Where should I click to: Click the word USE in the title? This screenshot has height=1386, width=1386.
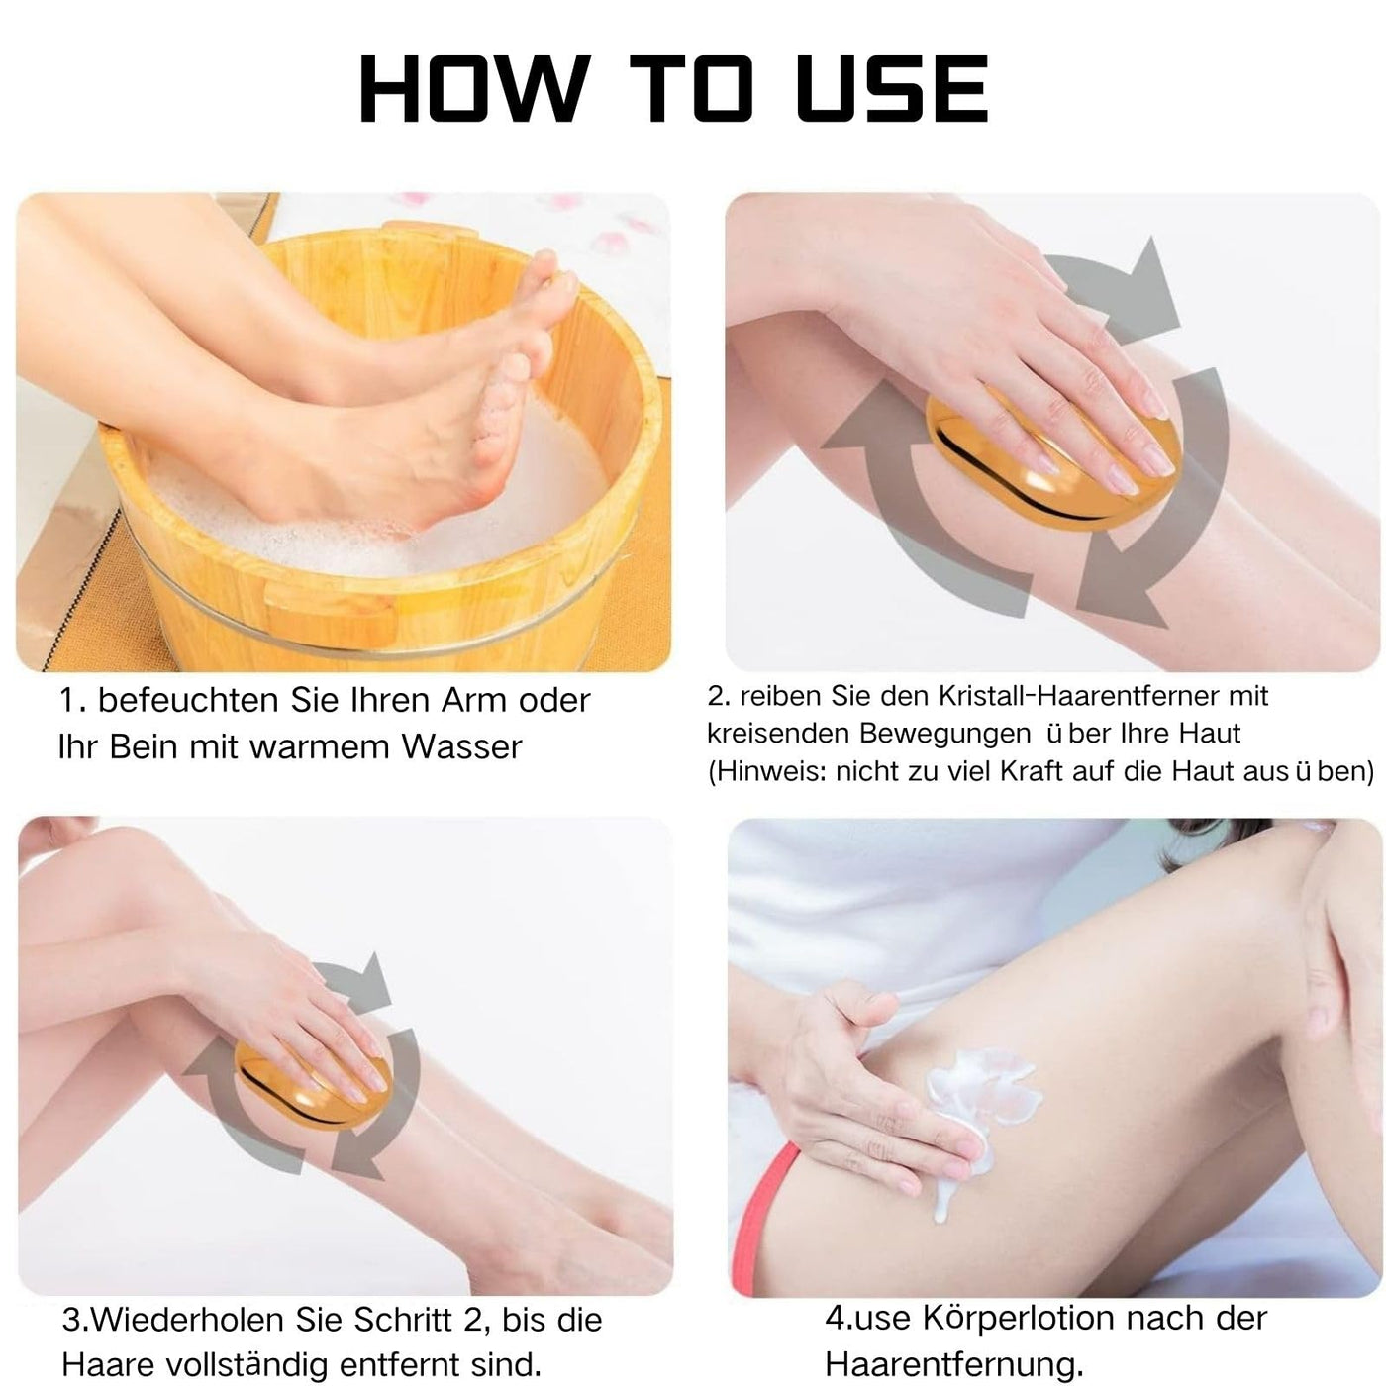click(x=893, y=89)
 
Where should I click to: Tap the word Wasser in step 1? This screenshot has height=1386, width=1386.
click(x=461, y=747)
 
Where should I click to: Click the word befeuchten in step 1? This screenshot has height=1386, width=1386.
click(x=188, y=701)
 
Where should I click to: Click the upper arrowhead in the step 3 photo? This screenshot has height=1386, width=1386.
click(x=371, y=982)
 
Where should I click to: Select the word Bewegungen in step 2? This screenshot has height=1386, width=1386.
click(x=945, y=734)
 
